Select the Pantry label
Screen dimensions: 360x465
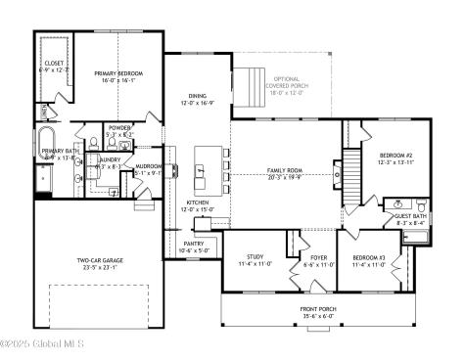tap(194, 244)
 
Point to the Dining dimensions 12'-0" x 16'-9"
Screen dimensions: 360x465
tap(196, 103)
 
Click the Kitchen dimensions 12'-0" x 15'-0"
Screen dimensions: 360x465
tap(199, 209)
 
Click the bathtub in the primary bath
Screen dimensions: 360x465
tap(45, 140)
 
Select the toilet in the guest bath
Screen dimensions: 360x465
tap(420, 206)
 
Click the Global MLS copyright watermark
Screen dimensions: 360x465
tap(43, 344)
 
